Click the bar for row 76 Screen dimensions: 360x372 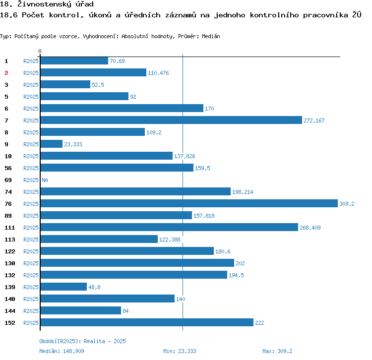(x=188, y=204)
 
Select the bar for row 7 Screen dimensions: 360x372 (x=171, y=120)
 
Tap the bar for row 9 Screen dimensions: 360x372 (x=52, y=144)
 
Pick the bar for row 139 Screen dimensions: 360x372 (x=63, y=287)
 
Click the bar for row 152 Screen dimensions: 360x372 (x=147, y=323)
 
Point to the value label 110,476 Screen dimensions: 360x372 (x=159, y=73)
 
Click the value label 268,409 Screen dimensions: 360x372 (x=310, y=228)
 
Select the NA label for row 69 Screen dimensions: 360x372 (x=45, y=180)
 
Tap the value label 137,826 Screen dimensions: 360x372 (x=185, y=156)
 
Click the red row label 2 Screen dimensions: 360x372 (x=6, y=73)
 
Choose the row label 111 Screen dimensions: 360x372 (x=10, y=228)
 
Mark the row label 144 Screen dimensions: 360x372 (x=10, y=311)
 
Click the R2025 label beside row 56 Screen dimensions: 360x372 (x=31, y=168)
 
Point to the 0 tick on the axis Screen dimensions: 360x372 (x=40, y=52)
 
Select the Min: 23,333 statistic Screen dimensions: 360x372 (x=180, y=351)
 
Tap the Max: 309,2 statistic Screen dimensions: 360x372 (x=277, y=351)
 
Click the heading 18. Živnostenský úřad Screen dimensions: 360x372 (x=47, y=4)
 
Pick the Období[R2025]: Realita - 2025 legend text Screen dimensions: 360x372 (x=82, y=341)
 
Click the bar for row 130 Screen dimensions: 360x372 (x=137, y=263)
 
